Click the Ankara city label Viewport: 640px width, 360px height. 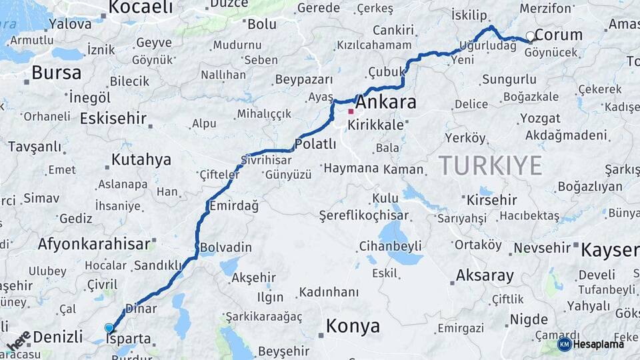[386, 103]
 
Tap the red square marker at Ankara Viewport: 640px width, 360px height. [351, 111]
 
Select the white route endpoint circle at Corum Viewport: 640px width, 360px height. [530, 36]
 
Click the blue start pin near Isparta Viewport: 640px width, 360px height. [109, 327]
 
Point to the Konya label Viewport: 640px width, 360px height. [353, 326]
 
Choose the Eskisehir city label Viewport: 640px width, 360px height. [113, 119]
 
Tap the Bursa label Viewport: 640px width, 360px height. [57, 73]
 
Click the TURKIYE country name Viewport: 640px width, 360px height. [490, 165]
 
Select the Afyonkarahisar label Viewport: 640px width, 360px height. [94, 244]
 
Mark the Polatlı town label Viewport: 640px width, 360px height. [315, 144]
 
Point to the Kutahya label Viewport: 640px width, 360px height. [141, 160]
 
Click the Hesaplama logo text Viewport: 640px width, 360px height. [599, 344]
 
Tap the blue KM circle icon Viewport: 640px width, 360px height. [565, 344]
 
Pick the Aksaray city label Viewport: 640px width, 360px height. [485, 275]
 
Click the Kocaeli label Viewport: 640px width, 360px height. [140, 7]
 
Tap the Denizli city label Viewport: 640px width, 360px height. [58, 337]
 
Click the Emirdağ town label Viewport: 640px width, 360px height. [233, 206]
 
